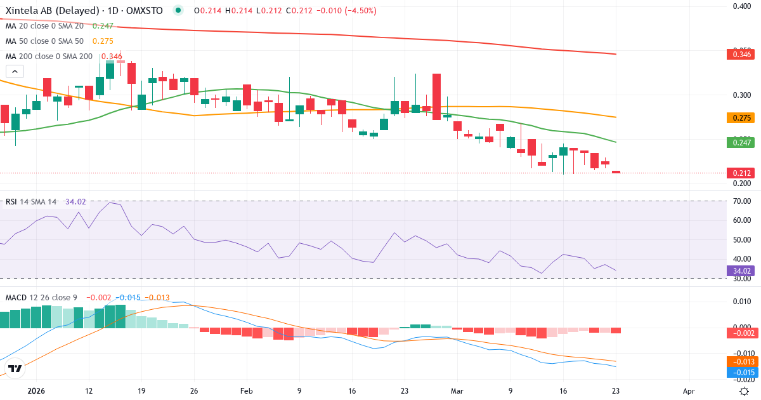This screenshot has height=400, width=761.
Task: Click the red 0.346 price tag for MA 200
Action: click(x=740, y=55)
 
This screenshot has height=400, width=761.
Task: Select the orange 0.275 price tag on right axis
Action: click(x=740, y=117)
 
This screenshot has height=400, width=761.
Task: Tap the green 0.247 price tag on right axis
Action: click(x=740, y=143)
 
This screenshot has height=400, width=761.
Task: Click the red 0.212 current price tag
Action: click(x=740, y=173)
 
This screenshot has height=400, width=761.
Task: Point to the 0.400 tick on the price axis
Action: click(x=742, y=6)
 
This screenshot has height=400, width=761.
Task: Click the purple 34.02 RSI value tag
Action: click(x=740, y=270)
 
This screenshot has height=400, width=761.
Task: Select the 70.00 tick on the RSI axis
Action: click(x=742, y=201)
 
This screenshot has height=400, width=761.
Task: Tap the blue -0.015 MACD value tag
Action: click(x=740, y=372)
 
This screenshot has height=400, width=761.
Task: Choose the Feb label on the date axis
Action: click(x=247, y=391)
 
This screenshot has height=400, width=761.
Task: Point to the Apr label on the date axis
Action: click(x=689, y=391)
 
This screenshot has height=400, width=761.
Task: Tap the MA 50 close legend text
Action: click(x=44, y=41)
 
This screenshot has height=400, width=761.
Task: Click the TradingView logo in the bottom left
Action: click(x=15, y=368)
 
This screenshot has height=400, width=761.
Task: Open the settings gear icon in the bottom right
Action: click(x=745, y=391)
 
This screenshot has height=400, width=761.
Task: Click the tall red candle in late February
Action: click(x=436, y=97)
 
